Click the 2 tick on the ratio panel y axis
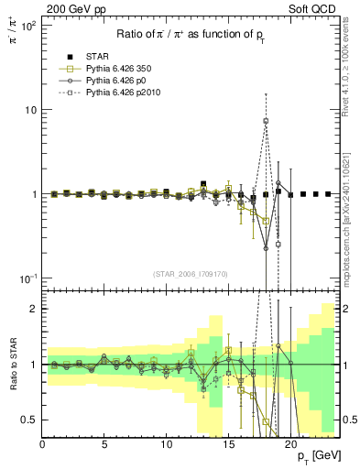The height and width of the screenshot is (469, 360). click(33, 309)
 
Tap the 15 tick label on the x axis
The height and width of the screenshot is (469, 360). click(228, 445)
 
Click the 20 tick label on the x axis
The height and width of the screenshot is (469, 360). click(290, 445)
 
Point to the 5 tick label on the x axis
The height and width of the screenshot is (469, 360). click(104, 445)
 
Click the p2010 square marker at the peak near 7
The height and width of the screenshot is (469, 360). click(266, 121)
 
